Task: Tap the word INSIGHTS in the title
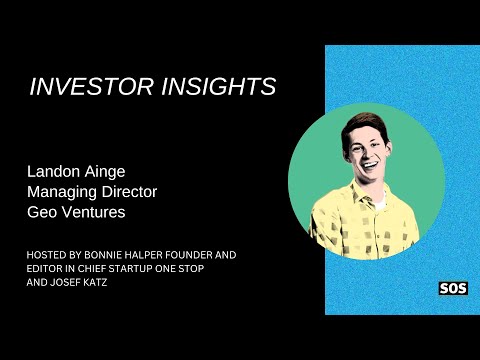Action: (x=218, y=88)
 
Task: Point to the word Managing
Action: (x=60, y=190)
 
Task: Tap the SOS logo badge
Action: (x=453, y=289)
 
